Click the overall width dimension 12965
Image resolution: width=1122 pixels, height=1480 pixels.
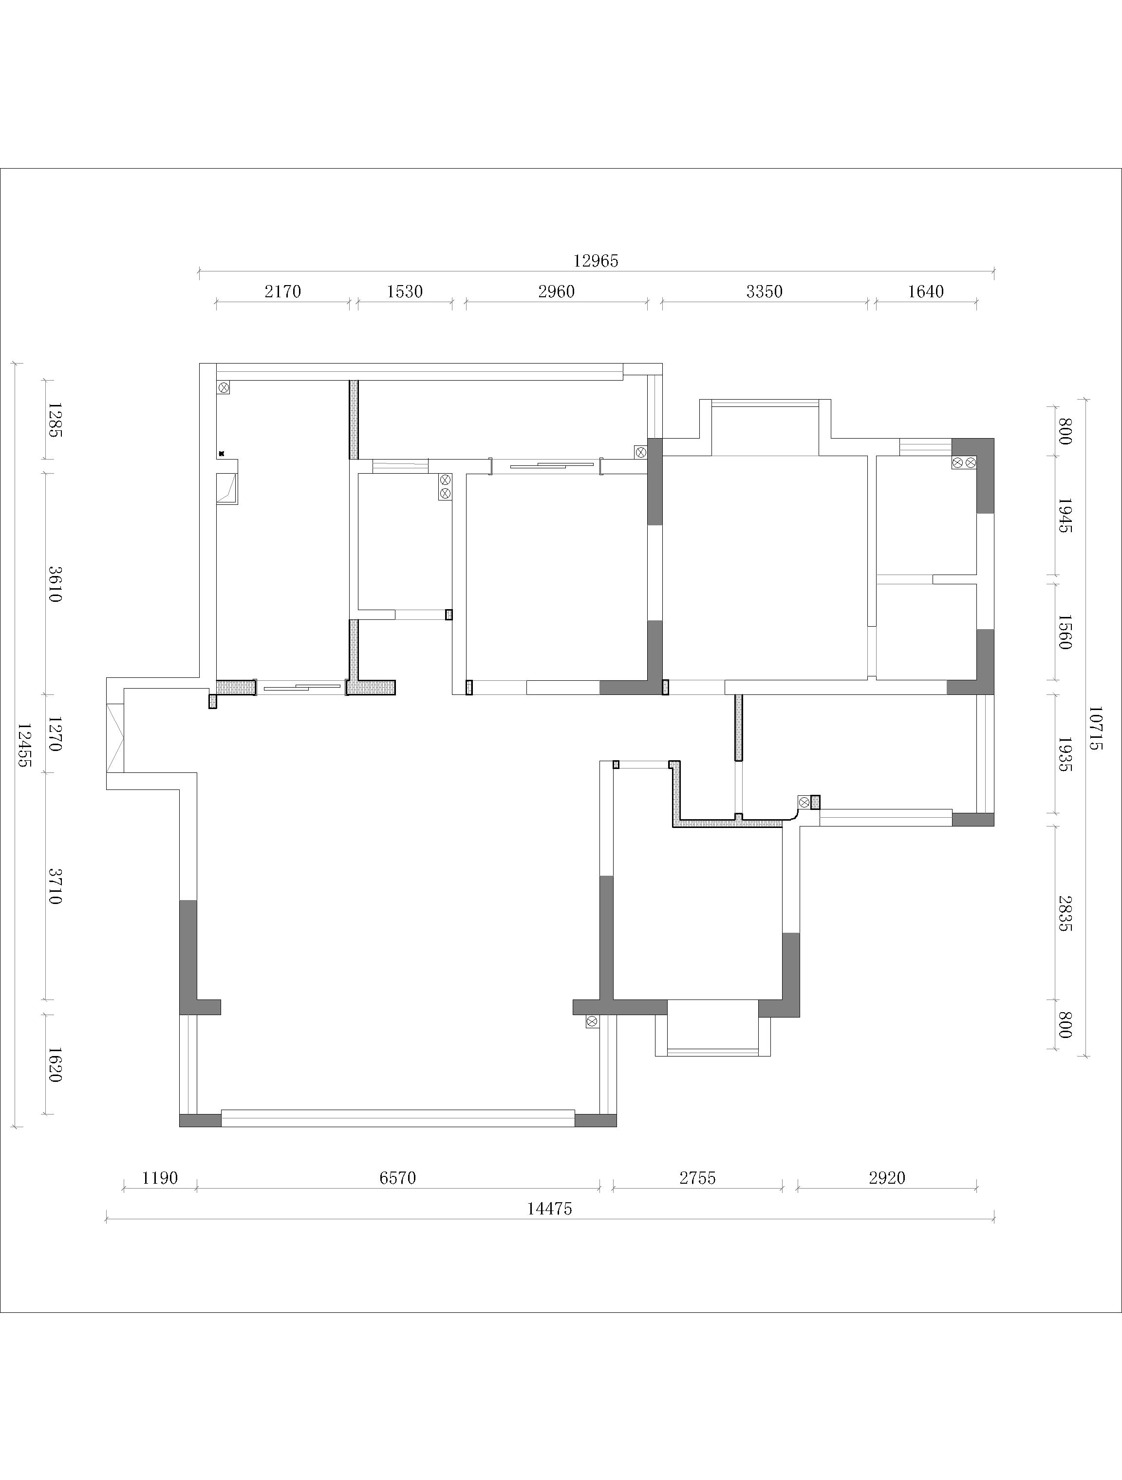coord(596,261)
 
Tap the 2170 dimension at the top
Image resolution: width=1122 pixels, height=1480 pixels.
coord(283,292)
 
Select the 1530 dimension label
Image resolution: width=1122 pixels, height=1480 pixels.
coord(405,292)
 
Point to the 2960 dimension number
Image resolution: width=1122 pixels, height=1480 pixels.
coord(556,292)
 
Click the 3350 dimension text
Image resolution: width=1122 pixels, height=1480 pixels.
coord(764,292)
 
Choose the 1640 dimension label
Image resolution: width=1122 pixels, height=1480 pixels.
coord(926,292)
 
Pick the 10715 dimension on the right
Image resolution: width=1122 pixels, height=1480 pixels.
coord(1095,729)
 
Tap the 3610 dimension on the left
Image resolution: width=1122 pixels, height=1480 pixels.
coord(56,583)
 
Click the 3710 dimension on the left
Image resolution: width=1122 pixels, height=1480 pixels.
coord(56,886)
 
